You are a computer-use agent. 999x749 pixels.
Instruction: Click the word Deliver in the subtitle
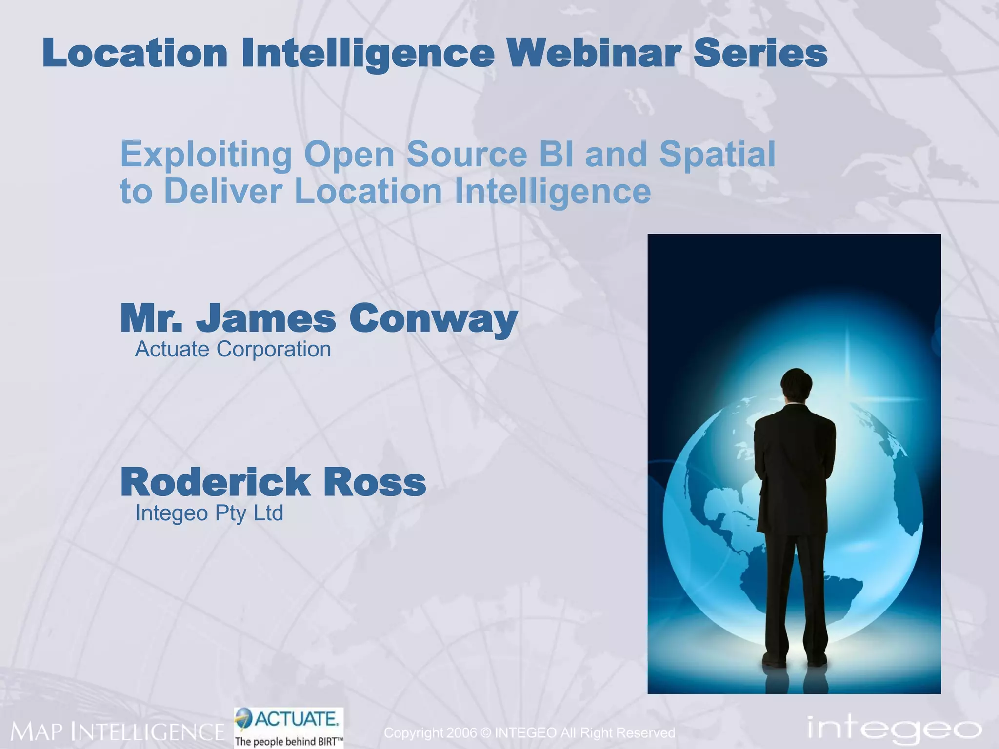pos(223,191)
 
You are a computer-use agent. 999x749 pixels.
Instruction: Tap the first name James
pos(266,318)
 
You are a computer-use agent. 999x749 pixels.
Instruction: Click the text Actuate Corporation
pos(233,350)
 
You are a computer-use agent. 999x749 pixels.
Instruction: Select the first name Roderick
pos(215,482)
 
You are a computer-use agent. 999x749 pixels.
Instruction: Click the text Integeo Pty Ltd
pos(209,513)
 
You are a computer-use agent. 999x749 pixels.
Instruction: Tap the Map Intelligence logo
pos(117,731)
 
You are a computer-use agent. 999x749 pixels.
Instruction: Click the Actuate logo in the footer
pos(289,719)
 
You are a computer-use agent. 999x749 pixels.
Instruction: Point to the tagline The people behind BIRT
pos(289,742)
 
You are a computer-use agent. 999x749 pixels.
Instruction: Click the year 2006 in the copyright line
pos(461,733)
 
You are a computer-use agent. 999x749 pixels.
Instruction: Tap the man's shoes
pos(795,661)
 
